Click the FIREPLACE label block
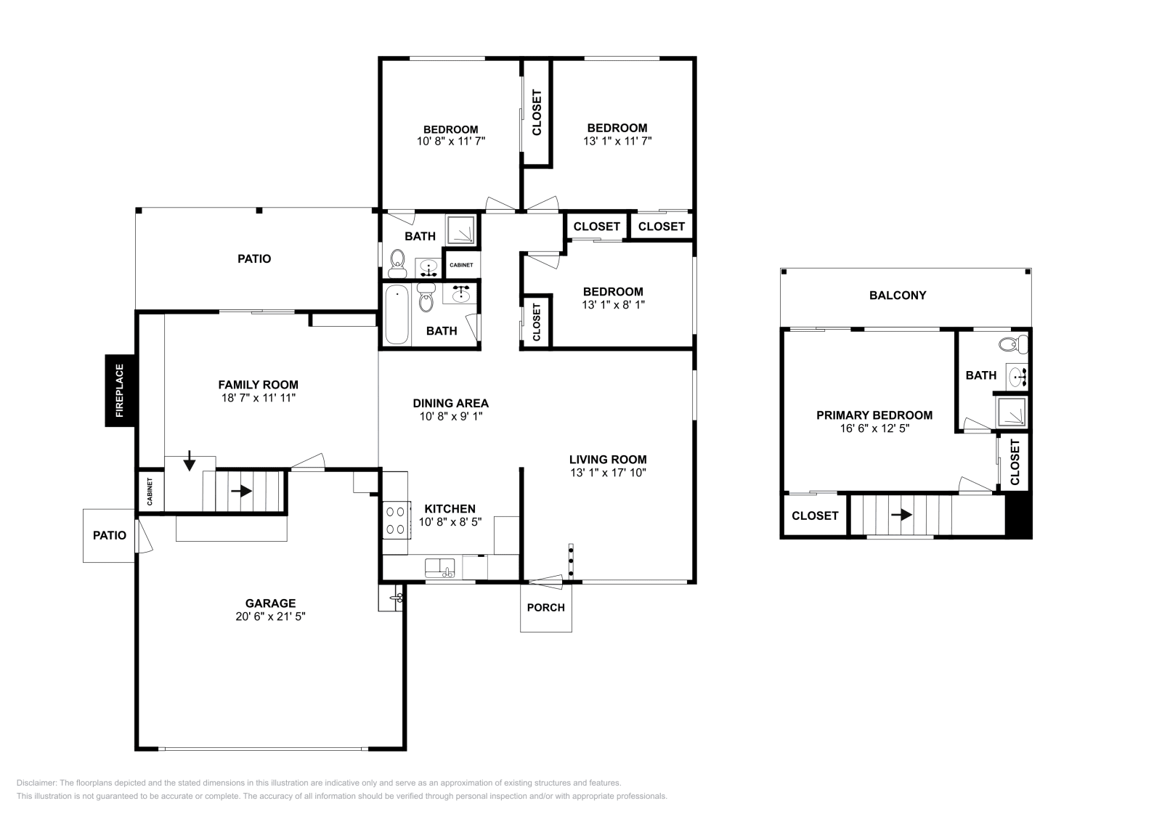pos(121,391)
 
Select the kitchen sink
pos(440,568)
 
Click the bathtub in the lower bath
pos(397,314)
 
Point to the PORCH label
pos(545,607)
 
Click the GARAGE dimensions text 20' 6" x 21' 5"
pos(270,616)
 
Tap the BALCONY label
pos(898,295)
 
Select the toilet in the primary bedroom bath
pos(1013,344)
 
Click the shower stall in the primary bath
pos(1011,412)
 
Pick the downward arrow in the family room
pos(190,460)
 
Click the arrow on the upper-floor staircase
pos(901,514)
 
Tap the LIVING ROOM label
pos(608,460)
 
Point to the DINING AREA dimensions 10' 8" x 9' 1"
pos(451,416)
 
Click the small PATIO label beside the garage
pos(110,535)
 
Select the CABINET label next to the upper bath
pos(461,265)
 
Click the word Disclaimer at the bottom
pos(36,783)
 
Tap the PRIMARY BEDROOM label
pos(874,415)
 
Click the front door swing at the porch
pos(544,582)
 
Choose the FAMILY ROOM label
pos(259,385)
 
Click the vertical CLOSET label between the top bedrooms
pos(537,113)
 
